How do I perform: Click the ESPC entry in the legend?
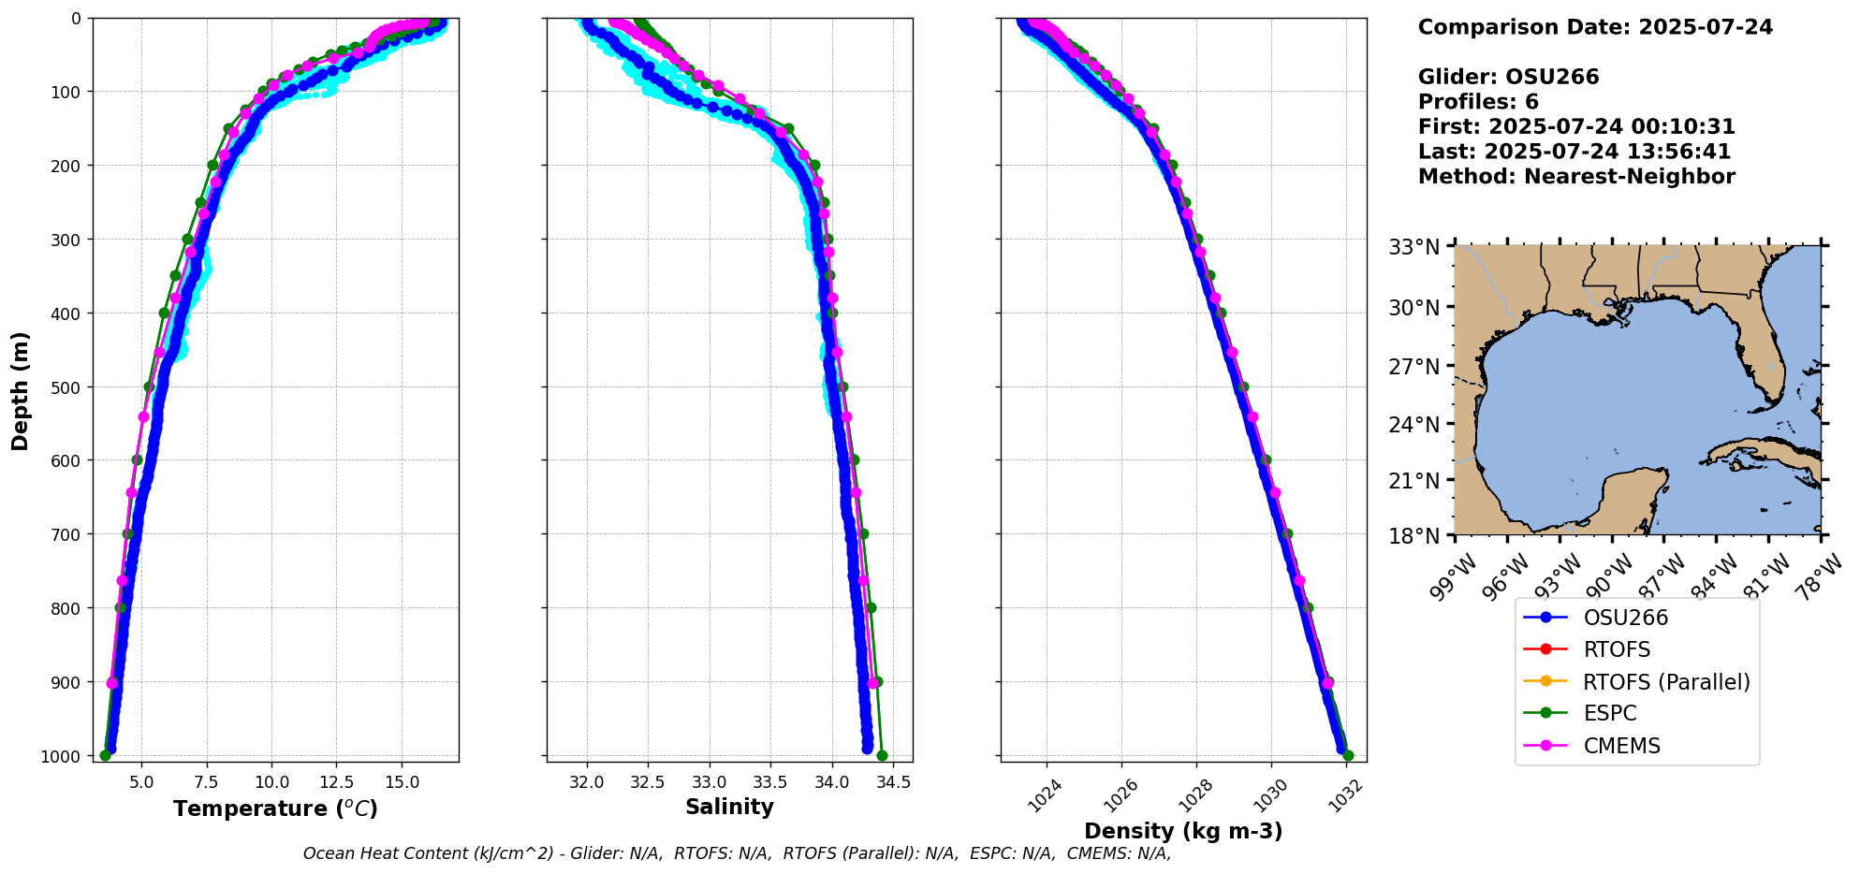[1609, 713]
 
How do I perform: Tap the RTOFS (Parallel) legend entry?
[1665, 682]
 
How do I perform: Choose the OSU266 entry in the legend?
[1625, 618]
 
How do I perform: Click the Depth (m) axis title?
[21, 390]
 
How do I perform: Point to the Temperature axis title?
[275, 808]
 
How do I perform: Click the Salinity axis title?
[729, 807]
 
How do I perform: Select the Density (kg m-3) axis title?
[1183, 831]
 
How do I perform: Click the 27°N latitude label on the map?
[1413, 366]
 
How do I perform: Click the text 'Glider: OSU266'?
[1508, 77]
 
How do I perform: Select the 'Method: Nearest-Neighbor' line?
[1576, 176]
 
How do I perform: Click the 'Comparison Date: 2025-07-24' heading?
[1595, 27]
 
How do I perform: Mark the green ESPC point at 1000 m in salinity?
[882, 755]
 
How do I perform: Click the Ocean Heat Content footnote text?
[737, 853]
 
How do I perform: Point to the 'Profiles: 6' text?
[1478, 102]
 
